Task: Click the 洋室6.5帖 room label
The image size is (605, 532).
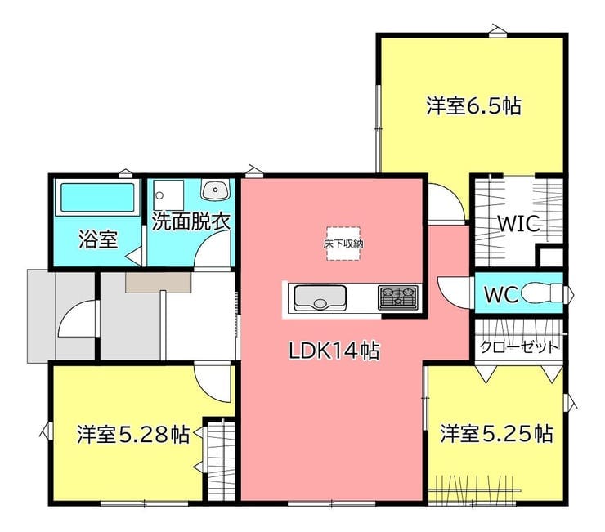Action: (x=473, y=105)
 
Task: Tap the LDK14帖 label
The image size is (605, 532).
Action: (x=334, y=351)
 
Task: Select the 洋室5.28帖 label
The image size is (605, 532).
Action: (x=133, y=434)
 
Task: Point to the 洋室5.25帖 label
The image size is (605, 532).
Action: (x=497, y=433)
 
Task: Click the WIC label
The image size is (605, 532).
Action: (x=518, y=223)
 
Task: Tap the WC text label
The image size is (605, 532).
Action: (x=501, y=295)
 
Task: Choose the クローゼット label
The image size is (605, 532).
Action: (x=519, y=347)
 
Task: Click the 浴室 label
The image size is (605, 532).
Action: (x=98, y=239)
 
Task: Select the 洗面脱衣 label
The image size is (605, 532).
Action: (x=190, y=221)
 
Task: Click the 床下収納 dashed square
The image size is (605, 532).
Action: (x=343, y=244)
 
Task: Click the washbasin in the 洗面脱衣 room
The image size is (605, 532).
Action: (x=216, y=190)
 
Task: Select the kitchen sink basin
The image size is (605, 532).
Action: (x=320, y=297)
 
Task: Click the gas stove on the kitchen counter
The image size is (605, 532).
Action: (x=398, y=297)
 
